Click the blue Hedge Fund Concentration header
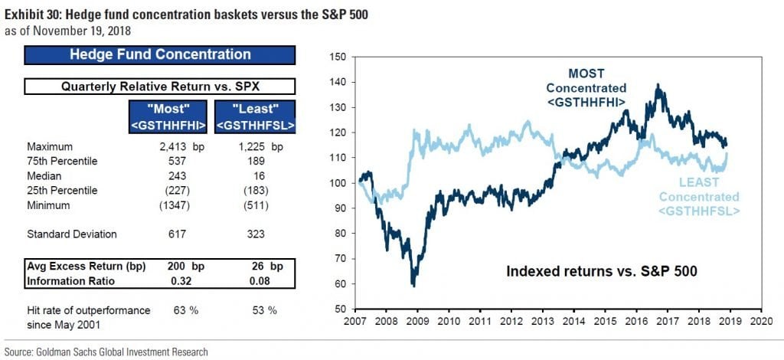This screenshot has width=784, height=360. coord(160,55)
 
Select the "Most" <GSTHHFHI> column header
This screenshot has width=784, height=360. coord(166,117)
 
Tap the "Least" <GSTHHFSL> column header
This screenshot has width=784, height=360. coord(256,117)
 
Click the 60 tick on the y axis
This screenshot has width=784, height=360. coord(339,283)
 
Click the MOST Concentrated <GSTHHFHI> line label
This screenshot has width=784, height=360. coord(597,87)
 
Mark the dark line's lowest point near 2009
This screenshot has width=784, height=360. coord(413,285)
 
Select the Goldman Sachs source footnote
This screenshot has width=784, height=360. coord(106,352)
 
